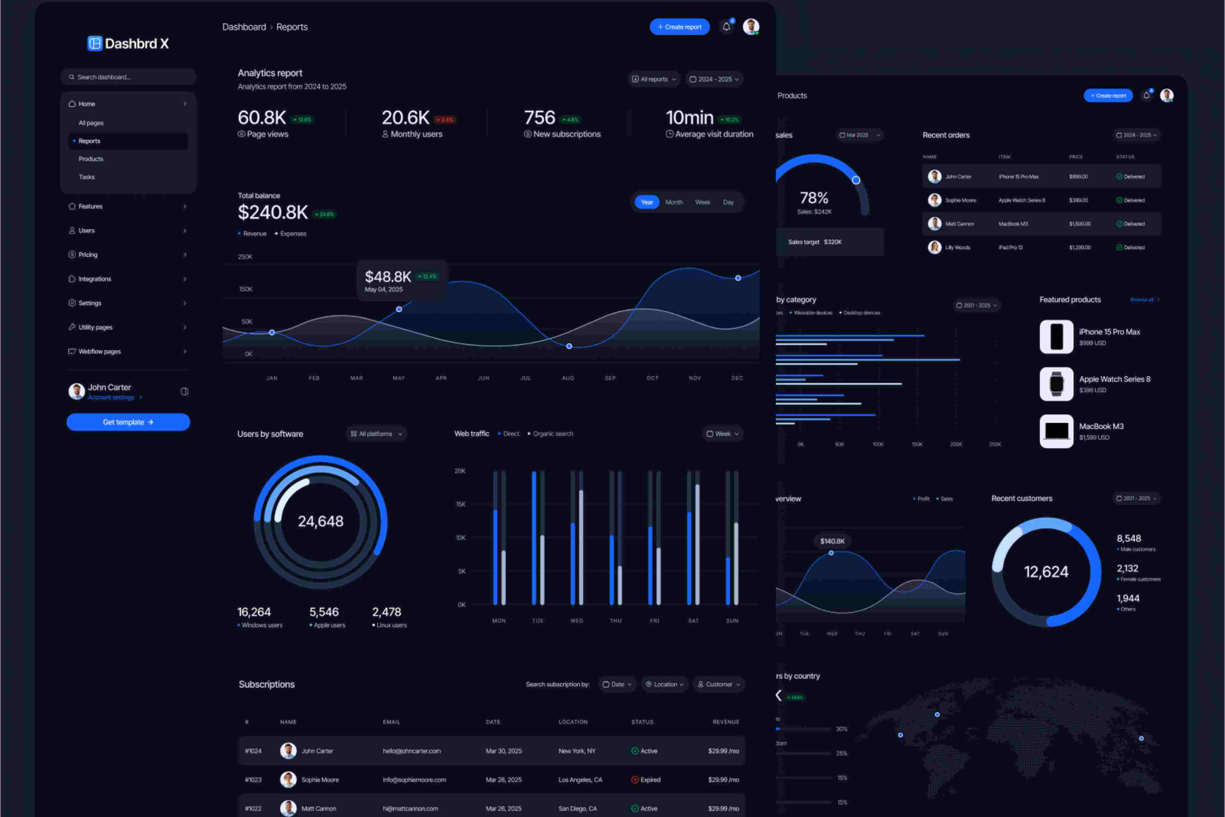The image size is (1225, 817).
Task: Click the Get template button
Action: point(128,422)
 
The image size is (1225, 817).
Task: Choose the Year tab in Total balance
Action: point(647,202)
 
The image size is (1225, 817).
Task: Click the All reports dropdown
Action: point(654,79)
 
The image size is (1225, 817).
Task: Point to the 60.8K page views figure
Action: point(262,118)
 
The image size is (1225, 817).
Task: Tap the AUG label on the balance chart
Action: point(568,378)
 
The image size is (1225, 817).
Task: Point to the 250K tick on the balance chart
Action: point(245,257)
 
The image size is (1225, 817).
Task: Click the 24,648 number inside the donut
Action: point(320,521)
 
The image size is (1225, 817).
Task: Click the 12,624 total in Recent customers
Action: point(1046,572)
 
